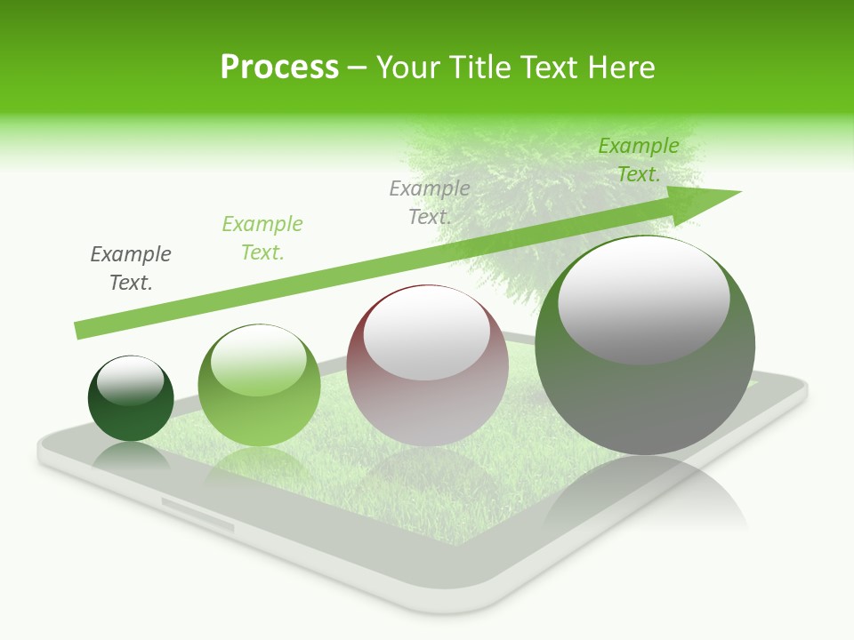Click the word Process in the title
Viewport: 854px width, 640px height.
pos(279,68)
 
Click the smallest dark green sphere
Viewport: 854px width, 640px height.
pos(131,418)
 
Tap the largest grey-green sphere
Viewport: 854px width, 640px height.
pos(645,400)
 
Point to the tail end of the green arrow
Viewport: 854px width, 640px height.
pos(82,329)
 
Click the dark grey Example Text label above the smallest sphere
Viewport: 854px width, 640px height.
pos(131,268)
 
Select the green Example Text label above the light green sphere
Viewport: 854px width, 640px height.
pos(262,238)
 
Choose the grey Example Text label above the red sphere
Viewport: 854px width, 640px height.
pos(430,202)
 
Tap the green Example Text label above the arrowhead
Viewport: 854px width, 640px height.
pos(639,160)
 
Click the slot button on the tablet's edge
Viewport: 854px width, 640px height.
pos(197,515)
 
